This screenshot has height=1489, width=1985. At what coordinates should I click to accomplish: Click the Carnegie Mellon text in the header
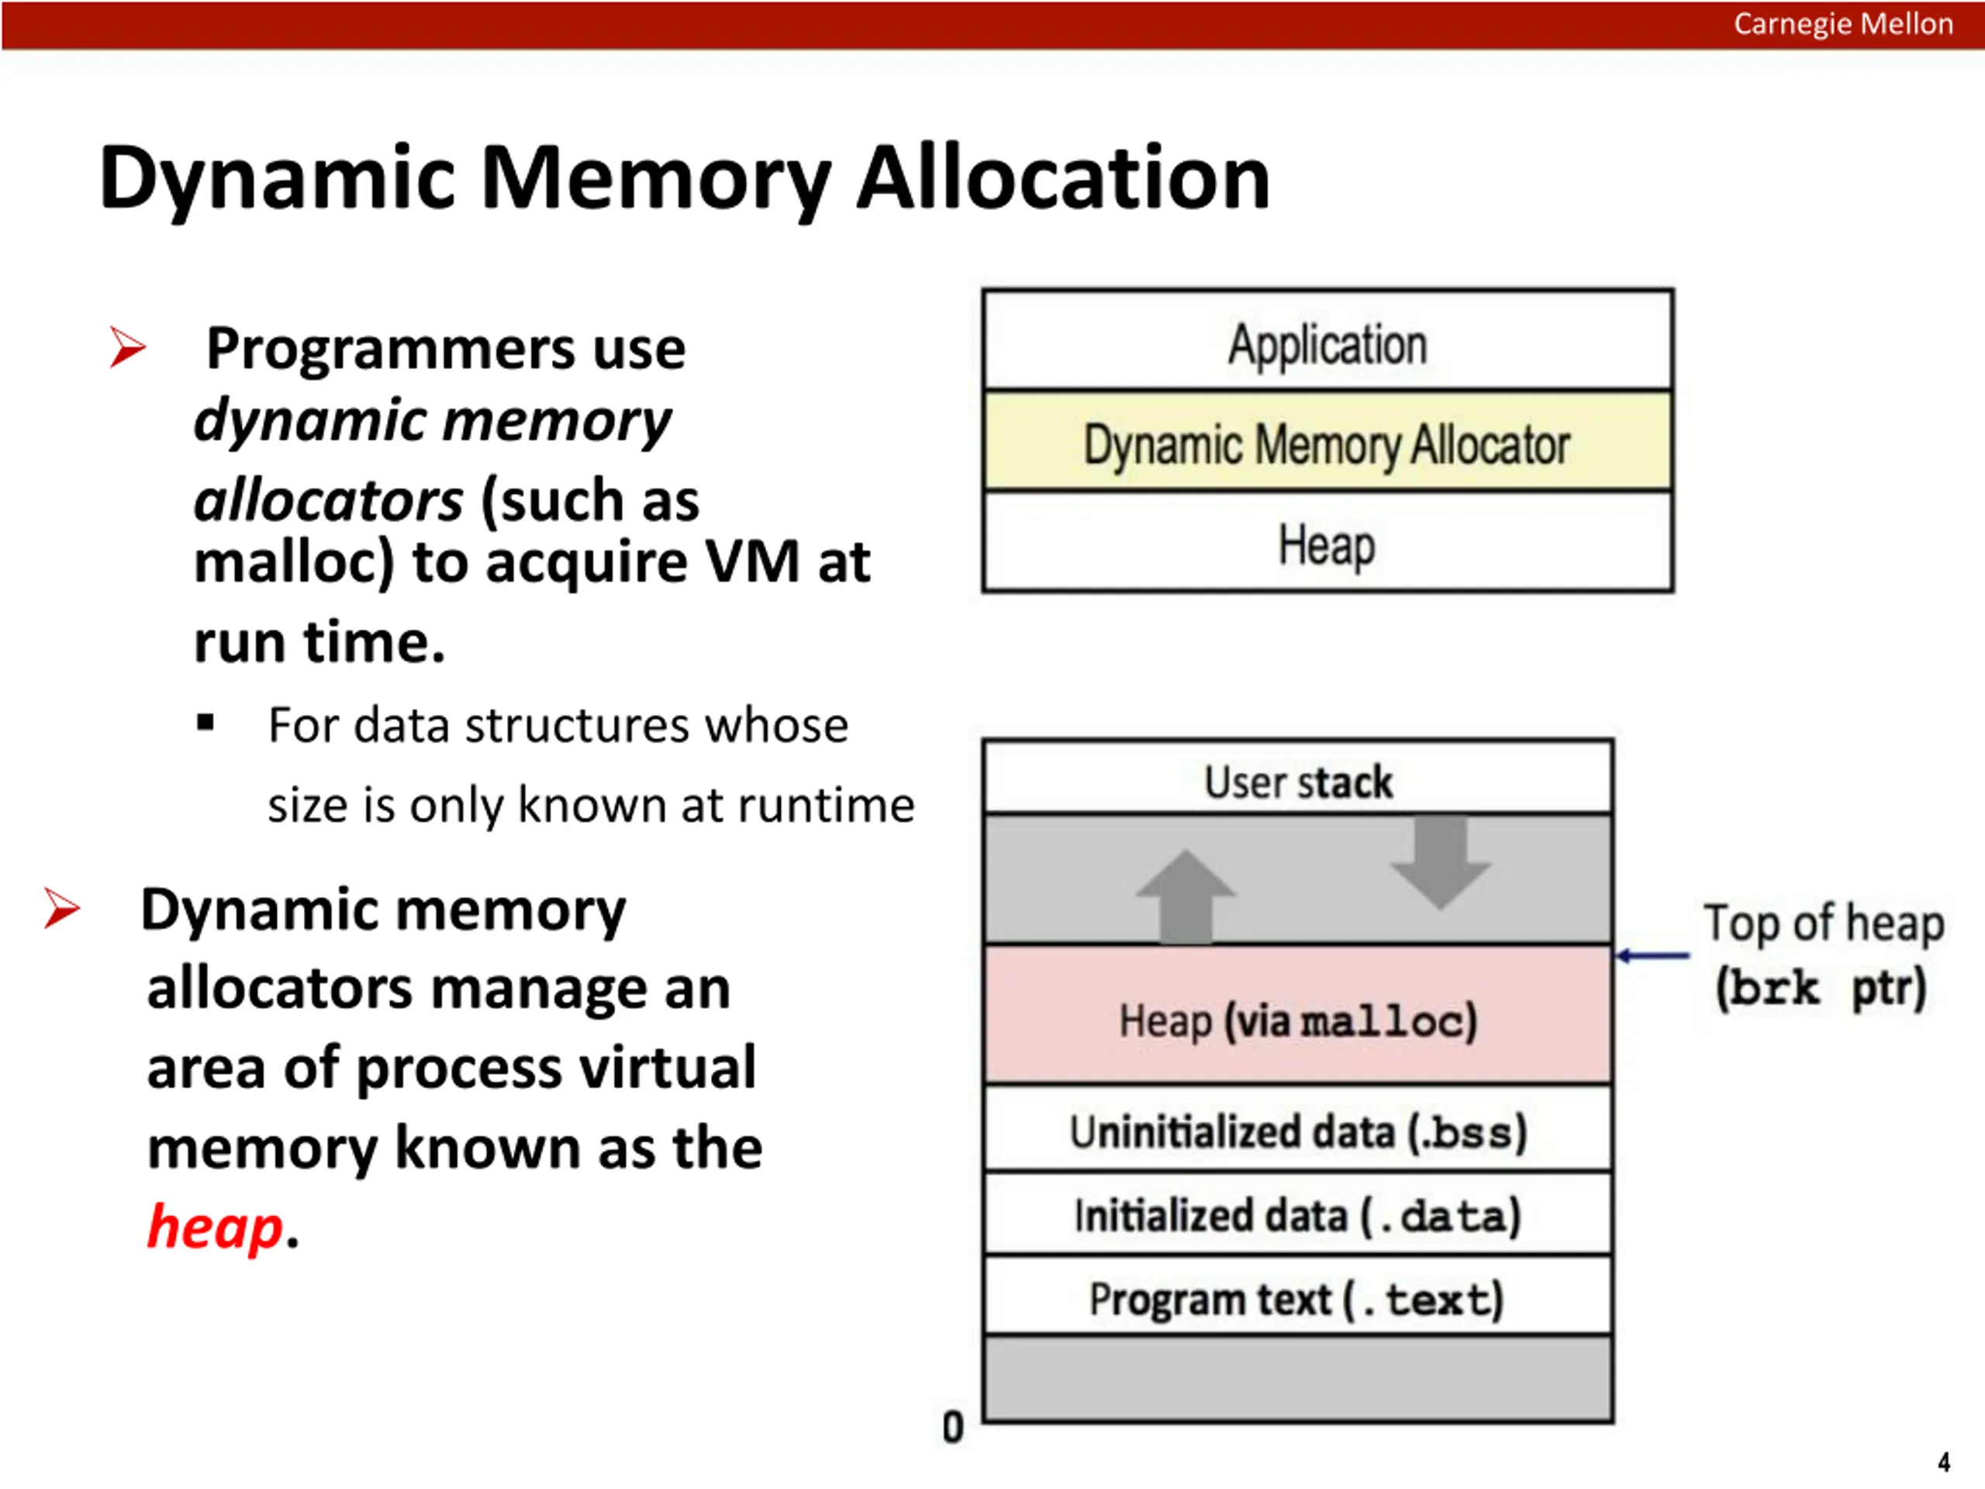click(x=1842, y=24)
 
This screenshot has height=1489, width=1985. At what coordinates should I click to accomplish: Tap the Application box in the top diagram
click(x=1327, y=344)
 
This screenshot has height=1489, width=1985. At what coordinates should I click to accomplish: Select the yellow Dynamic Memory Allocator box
click(x=1327, y=444)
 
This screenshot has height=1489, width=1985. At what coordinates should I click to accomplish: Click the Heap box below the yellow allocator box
click(x=1327, y=544)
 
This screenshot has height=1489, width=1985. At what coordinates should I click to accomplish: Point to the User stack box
click(x=1297, y=781)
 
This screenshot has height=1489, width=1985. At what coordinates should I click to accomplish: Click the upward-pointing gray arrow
click(x=1186, y=895)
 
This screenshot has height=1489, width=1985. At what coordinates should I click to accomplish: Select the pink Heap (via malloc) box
click(x=1297, y=1019)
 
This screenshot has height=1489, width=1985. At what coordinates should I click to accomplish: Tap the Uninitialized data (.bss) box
click(x=1297, y=1131)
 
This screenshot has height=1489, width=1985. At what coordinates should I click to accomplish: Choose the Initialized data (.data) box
click(x=1297, y=1215)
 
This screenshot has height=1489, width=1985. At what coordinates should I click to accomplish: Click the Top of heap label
click(x=1823, y=924)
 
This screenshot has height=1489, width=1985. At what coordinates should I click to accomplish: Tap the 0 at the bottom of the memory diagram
click(x=953, y=1427)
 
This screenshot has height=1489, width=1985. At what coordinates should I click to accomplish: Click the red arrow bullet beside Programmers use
click(x=127, y=347)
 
